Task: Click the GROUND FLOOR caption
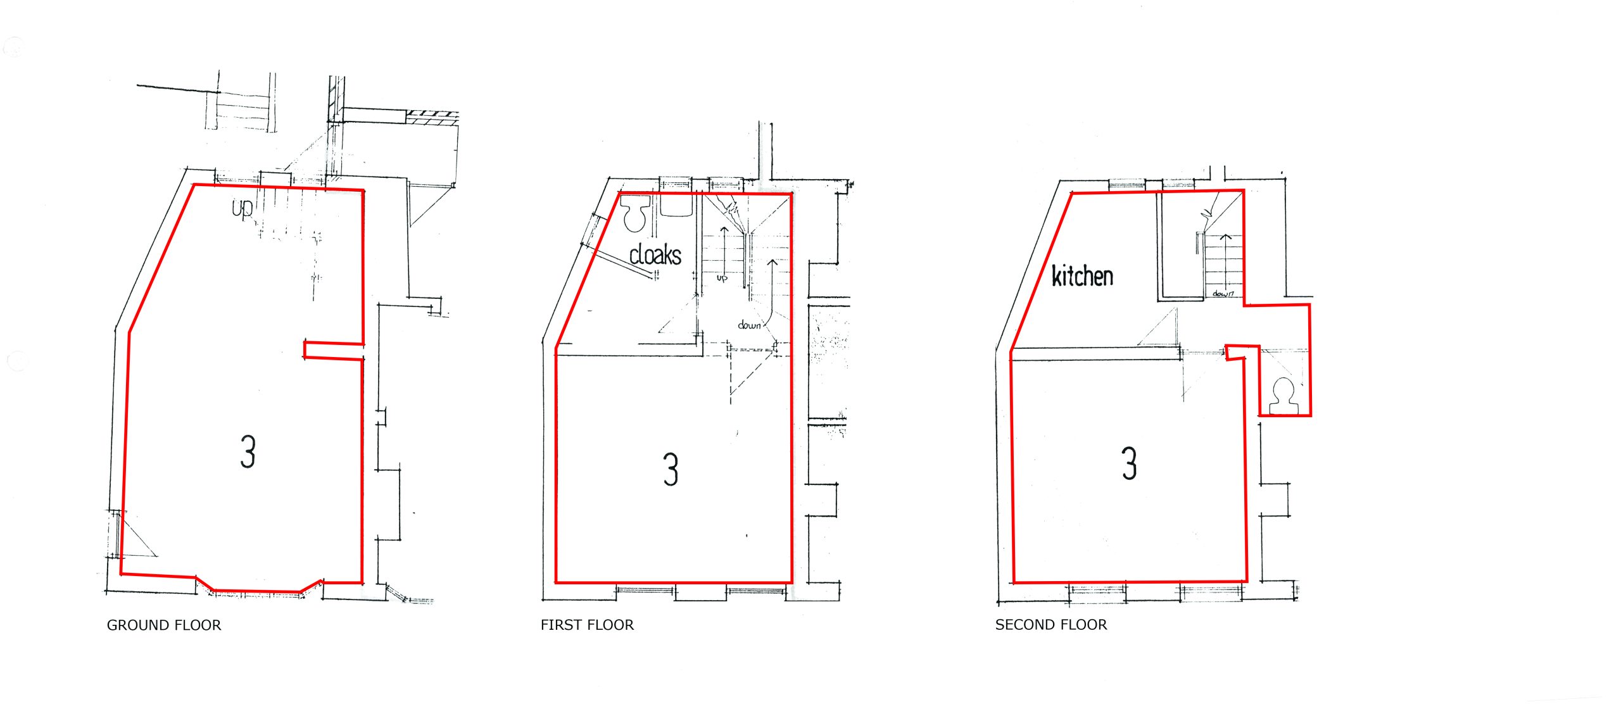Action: coord(164,625)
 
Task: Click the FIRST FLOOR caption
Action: coord(587,625)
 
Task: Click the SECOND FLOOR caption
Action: coord(1051,625)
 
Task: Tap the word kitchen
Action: coord(1082,276)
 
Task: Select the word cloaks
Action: coord(655,254)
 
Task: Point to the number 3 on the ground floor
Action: coord(248,451)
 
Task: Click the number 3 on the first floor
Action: coord(671,469)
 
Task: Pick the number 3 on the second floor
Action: coord(1130,463)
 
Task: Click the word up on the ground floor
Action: coord(243,209)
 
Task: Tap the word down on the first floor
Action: coord(749,325)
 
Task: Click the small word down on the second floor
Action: coord(1223,294)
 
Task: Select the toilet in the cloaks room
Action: coord(635,213)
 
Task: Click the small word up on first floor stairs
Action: coord(722,278)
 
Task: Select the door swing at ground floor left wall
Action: coord(134,534)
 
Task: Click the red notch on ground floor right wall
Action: coord(334,351)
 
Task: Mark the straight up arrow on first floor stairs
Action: coord(724,249)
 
